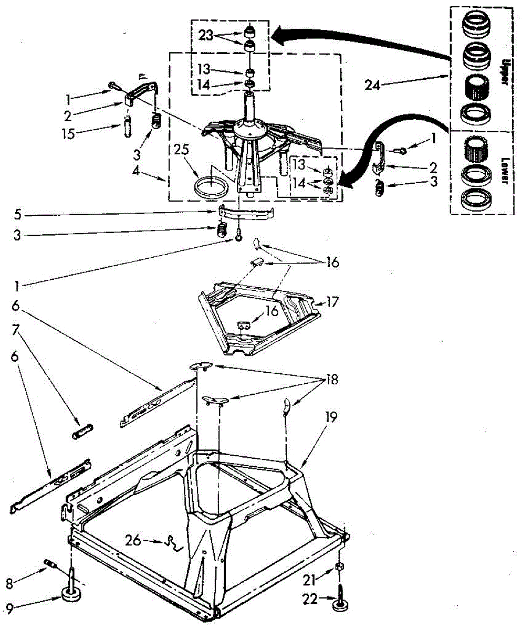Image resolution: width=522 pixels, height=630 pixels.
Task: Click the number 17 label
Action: (x=333, y=302)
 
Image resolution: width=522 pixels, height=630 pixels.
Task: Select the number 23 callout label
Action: (x=206, y=36)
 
